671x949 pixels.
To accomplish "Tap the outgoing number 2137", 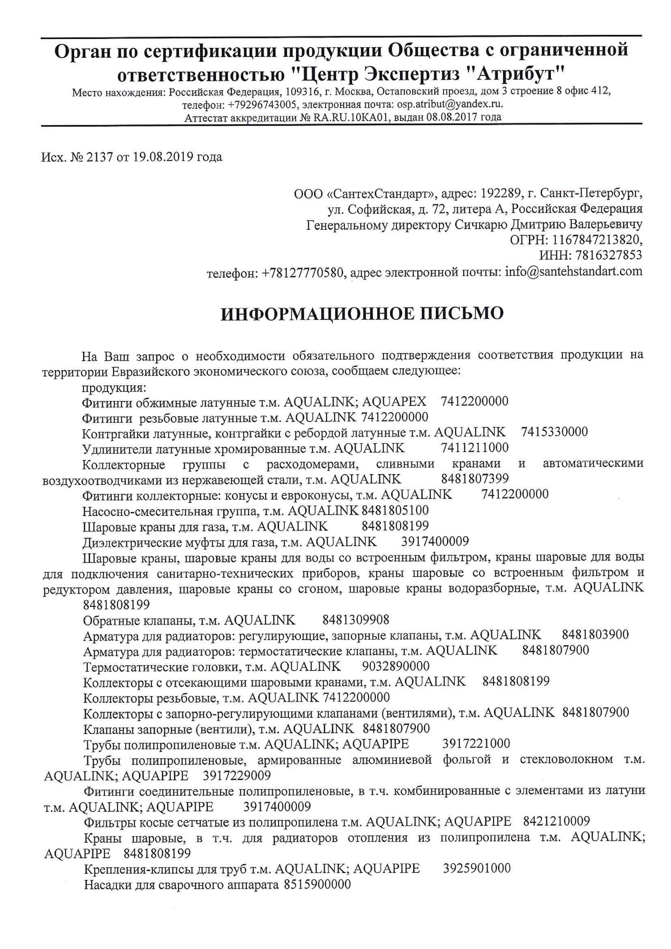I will pyautogui.click(x=97, y=157).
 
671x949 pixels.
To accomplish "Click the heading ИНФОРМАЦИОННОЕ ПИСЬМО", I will pyautogui.click(x=362, y=314).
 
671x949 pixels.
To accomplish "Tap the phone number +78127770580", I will pyautogui.click(x=302, y=272).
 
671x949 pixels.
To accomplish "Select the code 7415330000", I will pyautogui.click(x=554, y=432).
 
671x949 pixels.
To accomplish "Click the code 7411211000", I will pyautogui.click(x=475, y=447).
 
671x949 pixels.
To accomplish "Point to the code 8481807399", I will pyautogui.click(x=475, y=479).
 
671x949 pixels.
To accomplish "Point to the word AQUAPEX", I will pyautogui.click(x=394, y=401).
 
